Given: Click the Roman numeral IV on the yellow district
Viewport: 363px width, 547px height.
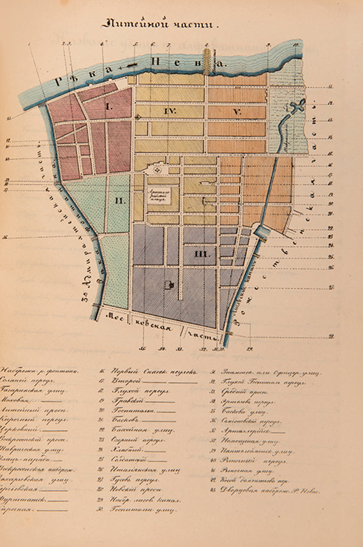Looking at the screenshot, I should click(x=170, y=112).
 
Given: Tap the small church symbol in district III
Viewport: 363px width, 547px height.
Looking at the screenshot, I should click(x=166, y=284).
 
